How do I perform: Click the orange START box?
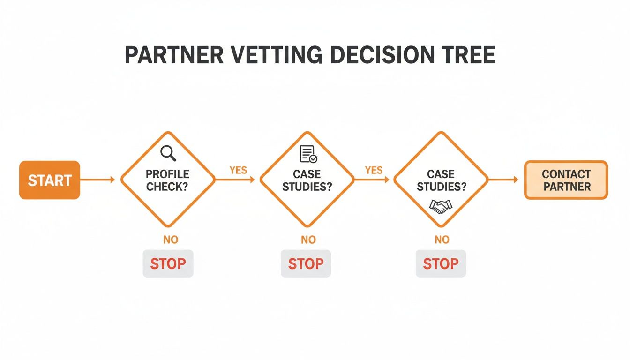tap(50, 180)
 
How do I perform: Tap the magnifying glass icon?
tap(167, 153)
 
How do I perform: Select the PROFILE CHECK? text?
tap(167, 180)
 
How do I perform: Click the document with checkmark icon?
tap(308, 154)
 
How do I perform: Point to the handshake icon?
tap(441, 206)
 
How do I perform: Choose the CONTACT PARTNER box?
tap(566, 180)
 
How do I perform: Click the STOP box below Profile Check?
tap(168, 263)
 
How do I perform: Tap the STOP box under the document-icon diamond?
tap(306, 263)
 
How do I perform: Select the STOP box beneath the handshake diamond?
tap(441, 263)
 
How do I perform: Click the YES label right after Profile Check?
tap(238, 170)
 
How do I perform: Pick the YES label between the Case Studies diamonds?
tap(374, 170)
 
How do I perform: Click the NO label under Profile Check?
tap(171, 240)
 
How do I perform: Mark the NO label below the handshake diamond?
tap(442, 240)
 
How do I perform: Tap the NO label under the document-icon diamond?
tap(308, 240)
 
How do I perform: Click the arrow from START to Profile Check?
tap(98, 180)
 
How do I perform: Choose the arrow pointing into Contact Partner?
tap(503, 180)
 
